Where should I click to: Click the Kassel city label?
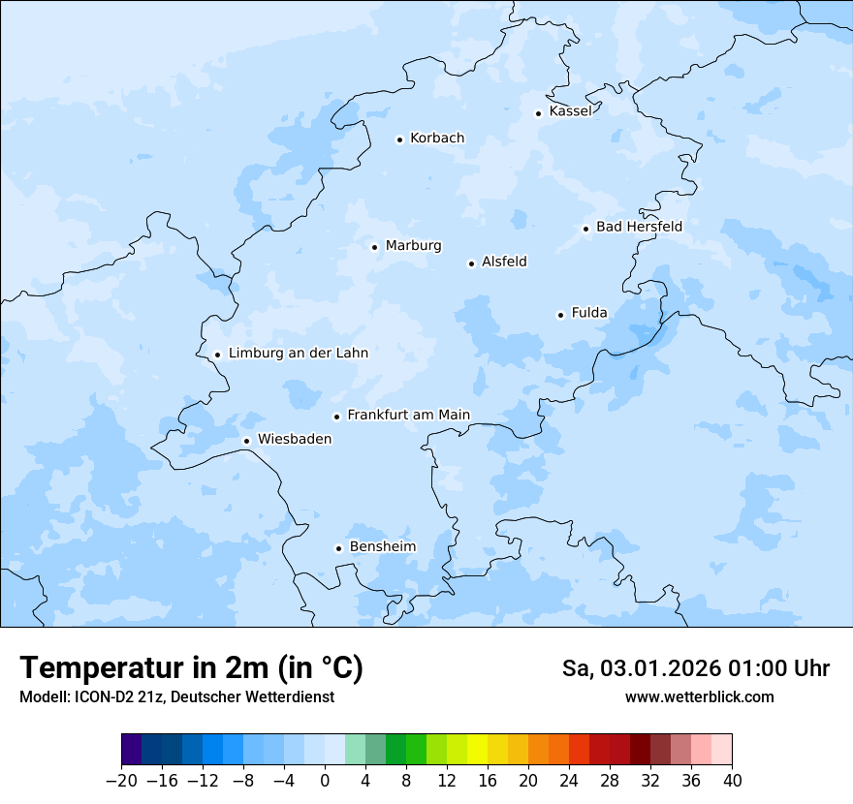570,111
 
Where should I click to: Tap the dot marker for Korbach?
399,139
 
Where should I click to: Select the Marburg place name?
413,246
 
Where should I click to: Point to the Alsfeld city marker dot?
471,263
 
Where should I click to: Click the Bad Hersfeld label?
639,227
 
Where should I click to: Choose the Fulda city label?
589,313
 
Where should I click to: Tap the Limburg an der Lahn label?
298,354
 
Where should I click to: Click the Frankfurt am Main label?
408,415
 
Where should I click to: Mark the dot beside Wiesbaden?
246,441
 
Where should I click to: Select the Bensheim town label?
382,546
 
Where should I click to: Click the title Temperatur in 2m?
191,668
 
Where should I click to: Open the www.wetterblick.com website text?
699,697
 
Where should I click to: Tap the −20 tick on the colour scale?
121,781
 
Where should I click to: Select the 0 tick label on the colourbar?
325,781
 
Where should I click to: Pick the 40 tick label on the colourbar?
732,781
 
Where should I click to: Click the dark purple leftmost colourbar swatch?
132,750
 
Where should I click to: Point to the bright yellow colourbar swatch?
477,750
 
